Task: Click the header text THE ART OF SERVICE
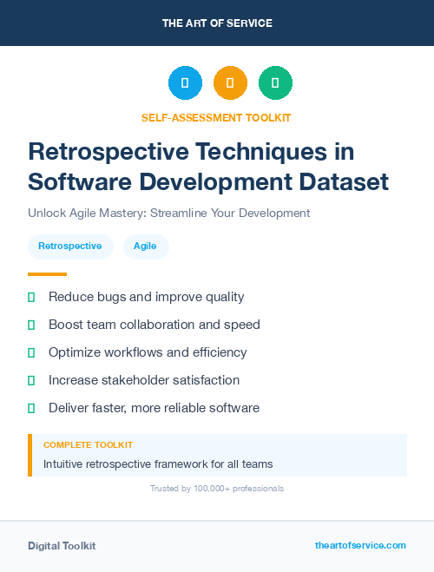(x=217, y=23)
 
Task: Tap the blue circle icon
(x=185, y=83)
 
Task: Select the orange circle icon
(x=230, y=83)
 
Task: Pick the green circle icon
(x=275, y=83)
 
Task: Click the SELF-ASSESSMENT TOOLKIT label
(x=216, y=117)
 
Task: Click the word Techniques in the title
(x=253, y=151)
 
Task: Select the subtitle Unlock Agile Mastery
(x=168, y=213)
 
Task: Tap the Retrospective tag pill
(x=70, y=247)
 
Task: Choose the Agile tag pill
(x=145, y=247)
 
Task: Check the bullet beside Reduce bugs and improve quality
(x=31, y=298)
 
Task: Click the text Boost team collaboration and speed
(x=154, y=325)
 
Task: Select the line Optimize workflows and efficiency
(x=148, y=352)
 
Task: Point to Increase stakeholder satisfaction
(x=144, y=380)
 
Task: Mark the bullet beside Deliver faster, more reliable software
(x=31, y=408)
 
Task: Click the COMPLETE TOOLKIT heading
(x=88, y=444)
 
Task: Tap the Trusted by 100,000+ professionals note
(x=216, y=489)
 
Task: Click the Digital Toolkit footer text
(x=62, y=546)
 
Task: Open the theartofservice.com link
(x=360, y=545)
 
